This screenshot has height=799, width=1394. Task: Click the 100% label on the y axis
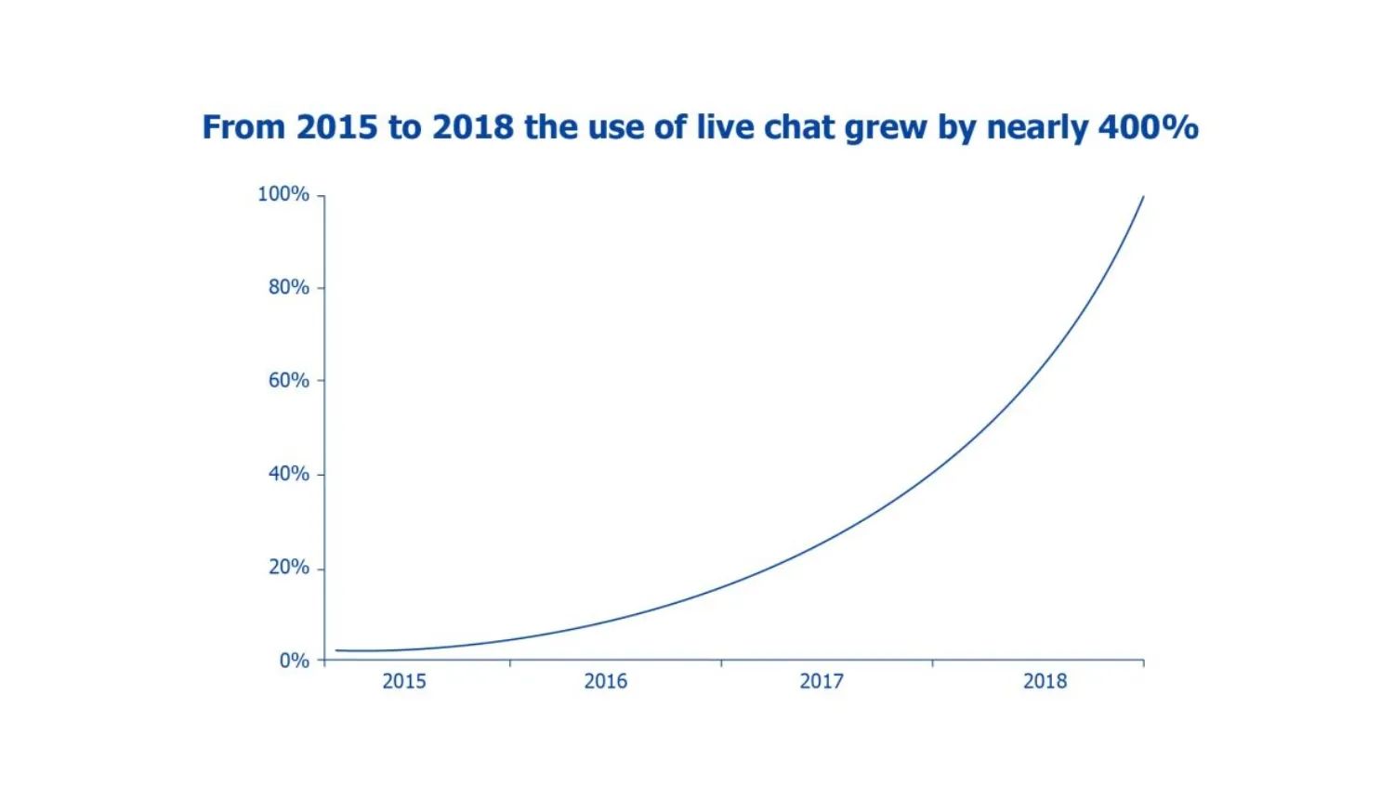(283, 194)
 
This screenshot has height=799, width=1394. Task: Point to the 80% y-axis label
(288, 287)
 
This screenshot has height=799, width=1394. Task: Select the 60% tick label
(288, 380)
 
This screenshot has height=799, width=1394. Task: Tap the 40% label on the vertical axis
(288, 474)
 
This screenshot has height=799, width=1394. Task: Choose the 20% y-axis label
(288, 567)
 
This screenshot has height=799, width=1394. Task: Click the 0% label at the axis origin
(294, 661)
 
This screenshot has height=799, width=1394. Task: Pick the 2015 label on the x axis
(404, 681)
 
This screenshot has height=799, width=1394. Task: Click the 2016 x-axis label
(606, 681)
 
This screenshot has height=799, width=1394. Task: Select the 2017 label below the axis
(822, 681)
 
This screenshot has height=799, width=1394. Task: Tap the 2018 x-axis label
(1045, 681)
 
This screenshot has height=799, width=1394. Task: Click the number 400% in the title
(1148, 127)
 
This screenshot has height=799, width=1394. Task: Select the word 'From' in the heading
(244, 127)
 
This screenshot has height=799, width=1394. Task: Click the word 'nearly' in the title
(1037, 127)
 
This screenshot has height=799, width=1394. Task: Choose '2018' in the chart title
(473, 127)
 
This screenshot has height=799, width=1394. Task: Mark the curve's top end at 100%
(1143, 197)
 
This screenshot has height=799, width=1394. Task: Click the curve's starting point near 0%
(336, 650)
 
